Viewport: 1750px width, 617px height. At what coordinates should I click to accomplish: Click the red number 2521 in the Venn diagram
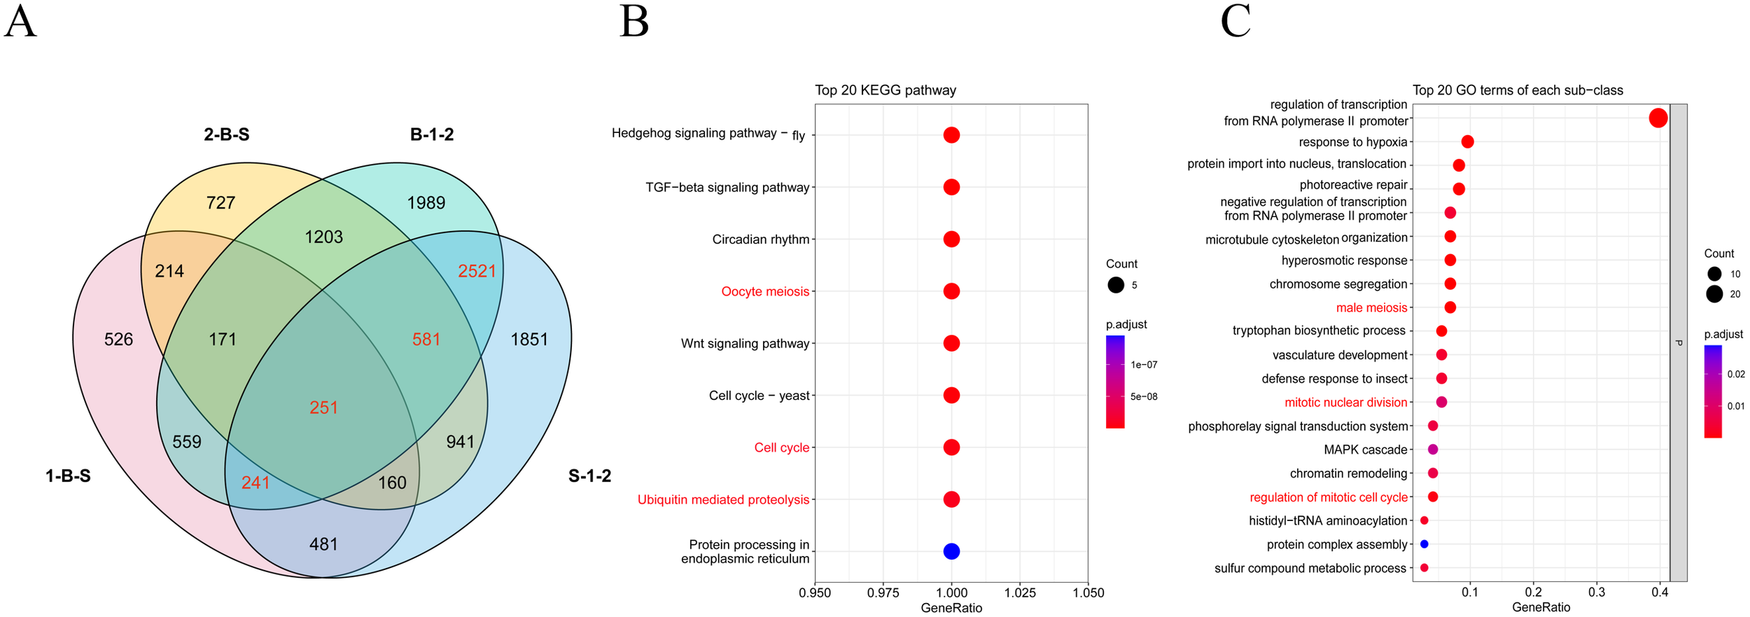point(477,271)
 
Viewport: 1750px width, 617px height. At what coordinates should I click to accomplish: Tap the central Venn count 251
point(323,408)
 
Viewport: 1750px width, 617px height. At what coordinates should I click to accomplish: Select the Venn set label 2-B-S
point(226,134)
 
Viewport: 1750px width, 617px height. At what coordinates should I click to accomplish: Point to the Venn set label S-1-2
point(589,476)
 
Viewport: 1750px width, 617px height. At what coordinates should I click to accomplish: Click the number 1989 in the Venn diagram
point(426,203)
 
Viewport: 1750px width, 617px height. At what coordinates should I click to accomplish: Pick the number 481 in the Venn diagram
point(323,544)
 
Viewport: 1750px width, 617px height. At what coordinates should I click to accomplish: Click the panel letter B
point(634,22)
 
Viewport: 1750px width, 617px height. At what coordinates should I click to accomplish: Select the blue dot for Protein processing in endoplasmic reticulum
point(951,551)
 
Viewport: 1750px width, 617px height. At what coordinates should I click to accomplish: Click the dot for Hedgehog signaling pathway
point(951,135)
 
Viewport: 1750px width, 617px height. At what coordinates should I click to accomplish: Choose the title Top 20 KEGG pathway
point(885,90)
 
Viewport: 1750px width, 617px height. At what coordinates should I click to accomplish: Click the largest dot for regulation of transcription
point(1658,118)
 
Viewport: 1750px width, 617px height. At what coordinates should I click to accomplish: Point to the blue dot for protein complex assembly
point(1424,544)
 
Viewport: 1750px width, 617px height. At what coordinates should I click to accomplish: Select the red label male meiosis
point(1371,307)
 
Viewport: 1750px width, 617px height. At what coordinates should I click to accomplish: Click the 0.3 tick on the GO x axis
point(1596,592)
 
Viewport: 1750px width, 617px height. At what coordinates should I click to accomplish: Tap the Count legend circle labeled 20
point(1714,294)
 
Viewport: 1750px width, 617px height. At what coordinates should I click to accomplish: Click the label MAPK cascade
point(1365,450)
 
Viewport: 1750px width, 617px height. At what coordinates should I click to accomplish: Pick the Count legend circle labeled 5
point(1116,285)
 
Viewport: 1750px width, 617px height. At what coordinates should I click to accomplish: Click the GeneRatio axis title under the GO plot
point(1541,607)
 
